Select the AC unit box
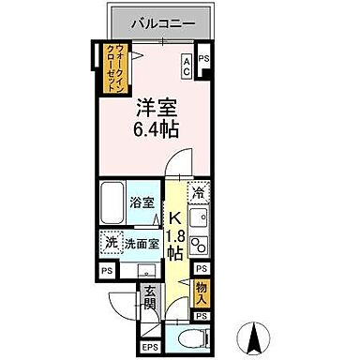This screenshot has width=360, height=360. (x=186, y=65)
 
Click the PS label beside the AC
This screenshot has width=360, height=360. (x=204, y=58)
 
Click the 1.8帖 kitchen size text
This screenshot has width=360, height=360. (x=174, y=246)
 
